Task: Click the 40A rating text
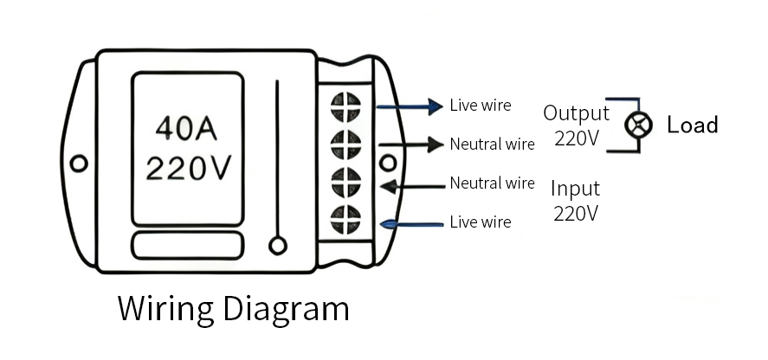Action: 185,129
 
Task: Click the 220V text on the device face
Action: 188,168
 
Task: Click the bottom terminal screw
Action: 345,217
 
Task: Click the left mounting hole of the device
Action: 79,163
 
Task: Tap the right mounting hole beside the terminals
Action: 388,163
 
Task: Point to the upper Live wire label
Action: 481,106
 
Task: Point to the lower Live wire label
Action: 481,222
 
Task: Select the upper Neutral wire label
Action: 492,144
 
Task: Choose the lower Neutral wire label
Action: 492,183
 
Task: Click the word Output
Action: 576,113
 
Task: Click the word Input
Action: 576,189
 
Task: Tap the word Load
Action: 693,125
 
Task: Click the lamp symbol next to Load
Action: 639,125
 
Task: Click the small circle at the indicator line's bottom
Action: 278,246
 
